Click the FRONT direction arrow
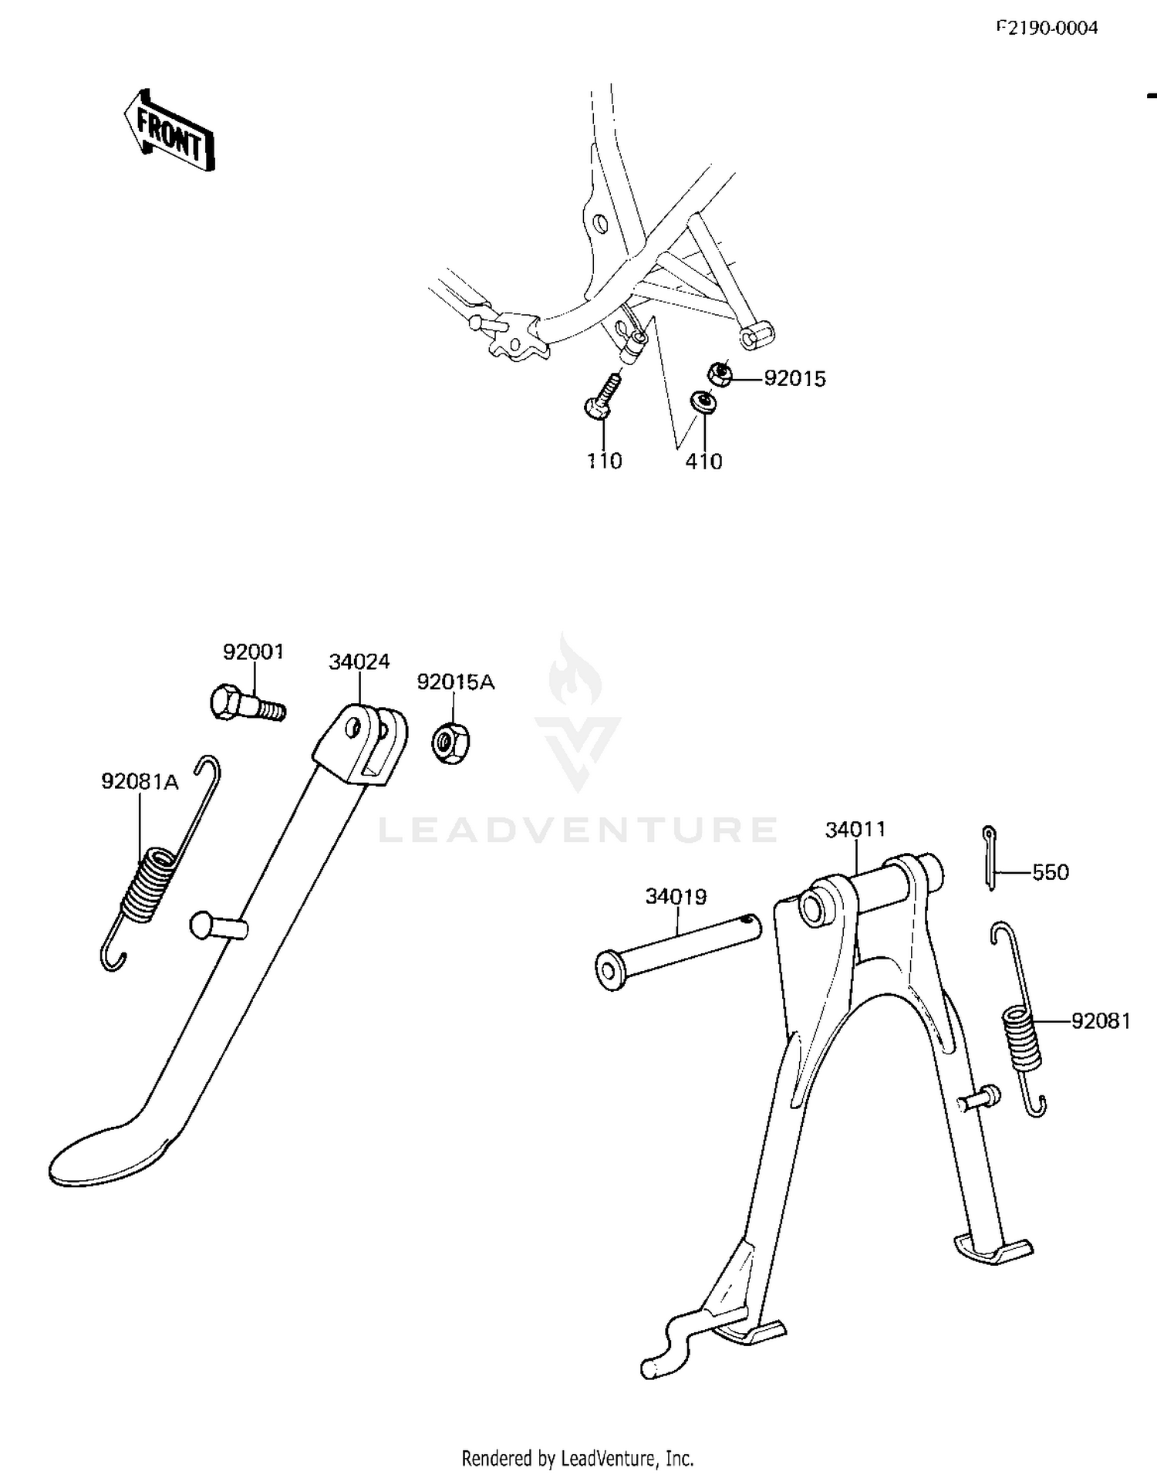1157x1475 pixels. (x=169, y=130)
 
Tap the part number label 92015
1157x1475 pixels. (x=794, y=379)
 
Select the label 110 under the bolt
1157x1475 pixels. (x=604, y=461)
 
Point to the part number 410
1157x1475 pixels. (x=704, y=462)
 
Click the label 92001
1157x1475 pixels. (x=254, y=652)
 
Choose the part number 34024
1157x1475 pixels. (x=359, y=661)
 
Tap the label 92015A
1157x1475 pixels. (x=456, y=682)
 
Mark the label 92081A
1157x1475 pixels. (x=140, y=782)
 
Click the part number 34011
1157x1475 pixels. (x=855, y=830)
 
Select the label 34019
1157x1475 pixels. (x=676, y=897)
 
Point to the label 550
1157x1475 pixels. (x=1051, y=872)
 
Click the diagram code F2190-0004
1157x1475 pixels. (x=1047, y=29)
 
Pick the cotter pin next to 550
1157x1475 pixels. (x=990, y=858)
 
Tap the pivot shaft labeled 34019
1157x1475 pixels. (x=677, y=951)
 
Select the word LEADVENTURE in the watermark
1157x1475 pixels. (x=578, y=830)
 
